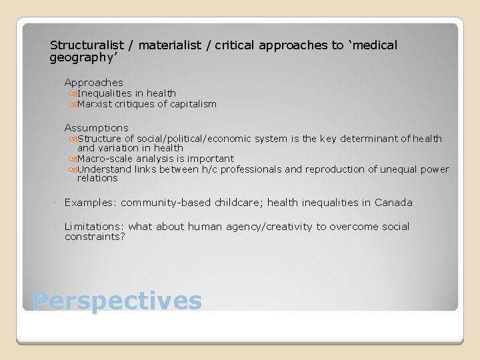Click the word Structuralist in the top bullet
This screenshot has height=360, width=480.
tap(86, 45)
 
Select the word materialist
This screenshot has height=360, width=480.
tap(169, 45)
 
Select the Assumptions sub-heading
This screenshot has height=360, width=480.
tap(96, 127)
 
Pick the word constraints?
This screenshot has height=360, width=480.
tap(95, 237)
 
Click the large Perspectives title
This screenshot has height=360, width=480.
tap(117, 301)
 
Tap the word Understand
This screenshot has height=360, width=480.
tap(101, 169)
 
